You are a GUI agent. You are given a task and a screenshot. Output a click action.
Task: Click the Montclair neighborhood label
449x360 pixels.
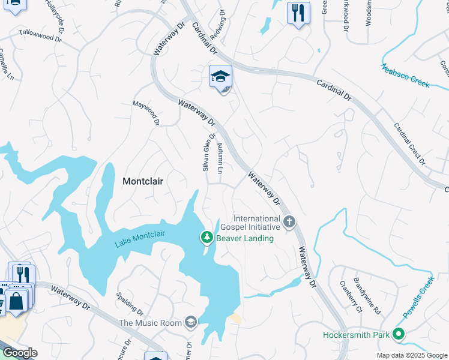pos(143,181)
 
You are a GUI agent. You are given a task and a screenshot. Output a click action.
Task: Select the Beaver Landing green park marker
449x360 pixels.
pos(207,238)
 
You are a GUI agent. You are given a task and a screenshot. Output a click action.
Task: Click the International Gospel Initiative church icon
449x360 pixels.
pos(289,223)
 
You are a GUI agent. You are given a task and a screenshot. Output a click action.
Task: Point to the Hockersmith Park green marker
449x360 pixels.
pos(398,334)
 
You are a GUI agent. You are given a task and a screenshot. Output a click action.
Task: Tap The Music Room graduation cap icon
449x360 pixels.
pos(191,323)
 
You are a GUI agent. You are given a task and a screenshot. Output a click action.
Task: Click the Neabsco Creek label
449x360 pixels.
pos(405,75)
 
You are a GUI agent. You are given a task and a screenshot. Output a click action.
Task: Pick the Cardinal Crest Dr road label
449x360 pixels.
pos(409,144)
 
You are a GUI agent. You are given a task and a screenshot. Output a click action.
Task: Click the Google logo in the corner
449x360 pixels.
pos(20,353)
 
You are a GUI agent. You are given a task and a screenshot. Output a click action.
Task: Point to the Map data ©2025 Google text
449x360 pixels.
pos(412,355)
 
